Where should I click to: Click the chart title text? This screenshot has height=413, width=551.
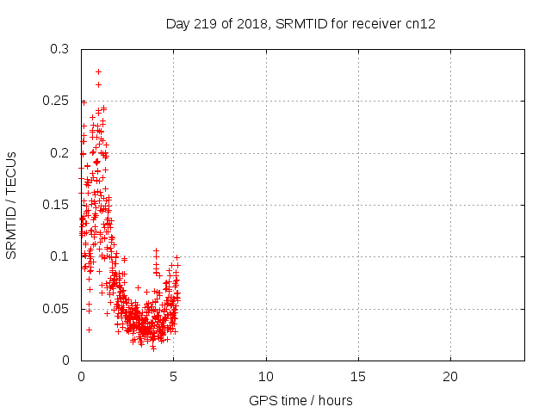pos(300,23)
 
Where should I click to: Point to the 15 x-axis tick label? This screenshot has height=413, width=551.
pos(357,377)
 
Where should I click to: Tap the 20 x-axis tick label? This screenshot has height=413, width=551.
pos(449,377)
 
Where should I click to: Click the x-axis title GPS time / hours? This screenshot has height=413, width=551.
pos(300,400)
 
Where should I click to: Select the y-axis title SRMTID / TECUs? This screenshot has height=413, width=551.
pos(11,205)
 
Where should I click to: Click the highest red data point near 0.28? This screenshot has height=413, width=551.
pos(99,71)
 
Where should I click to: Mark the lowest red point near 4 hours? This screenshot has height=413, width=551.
pos(153,348)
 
